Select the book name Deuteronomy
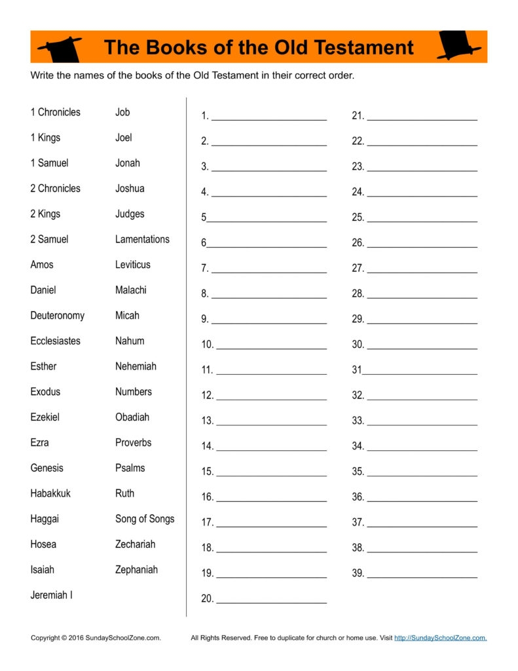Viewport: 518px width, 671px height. point(57,315)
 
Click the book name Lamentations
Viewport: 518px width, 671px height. point(142,239)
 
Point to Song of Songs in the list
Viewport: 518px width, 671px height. point(145,518)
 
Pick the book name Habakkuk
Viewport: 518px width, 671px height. point(50,493)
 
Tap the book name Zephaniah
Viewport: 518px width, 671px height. point(136,569)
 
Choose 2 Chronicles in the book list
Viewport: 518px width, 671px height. point(55,188)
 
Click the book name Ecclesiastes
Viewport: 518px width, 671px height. point(55,341)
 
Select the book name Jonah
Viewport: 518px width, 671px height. point(127,163)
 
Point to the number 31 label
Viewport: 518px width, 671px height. point(356,370)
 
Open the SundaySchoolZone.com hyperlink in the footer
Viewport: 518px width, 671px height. point(440,638)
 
